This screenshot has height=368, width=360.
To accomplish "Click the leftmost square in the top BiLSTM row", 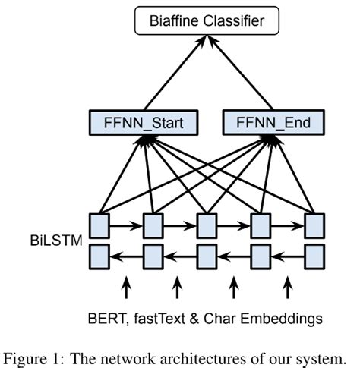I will [x=99, y=225].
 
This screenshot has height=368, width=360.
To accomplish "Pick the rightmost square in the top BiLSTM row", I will [x=314, y=225].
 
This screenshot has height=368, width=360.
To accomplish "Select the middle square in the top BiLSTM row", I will [x=207, y=225].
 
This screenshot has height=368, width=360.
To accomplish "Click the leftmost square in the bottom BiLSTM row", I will [x=99, y=256].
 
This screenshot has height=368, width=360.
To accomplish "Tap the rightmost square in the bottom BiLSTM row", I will [x=314, y=256].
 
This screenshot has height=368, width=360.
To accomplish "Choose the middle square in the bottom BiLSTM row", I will [x=207, y=256].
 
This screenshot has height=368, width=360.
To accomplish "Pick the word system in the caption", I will [x=324, y=354].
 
